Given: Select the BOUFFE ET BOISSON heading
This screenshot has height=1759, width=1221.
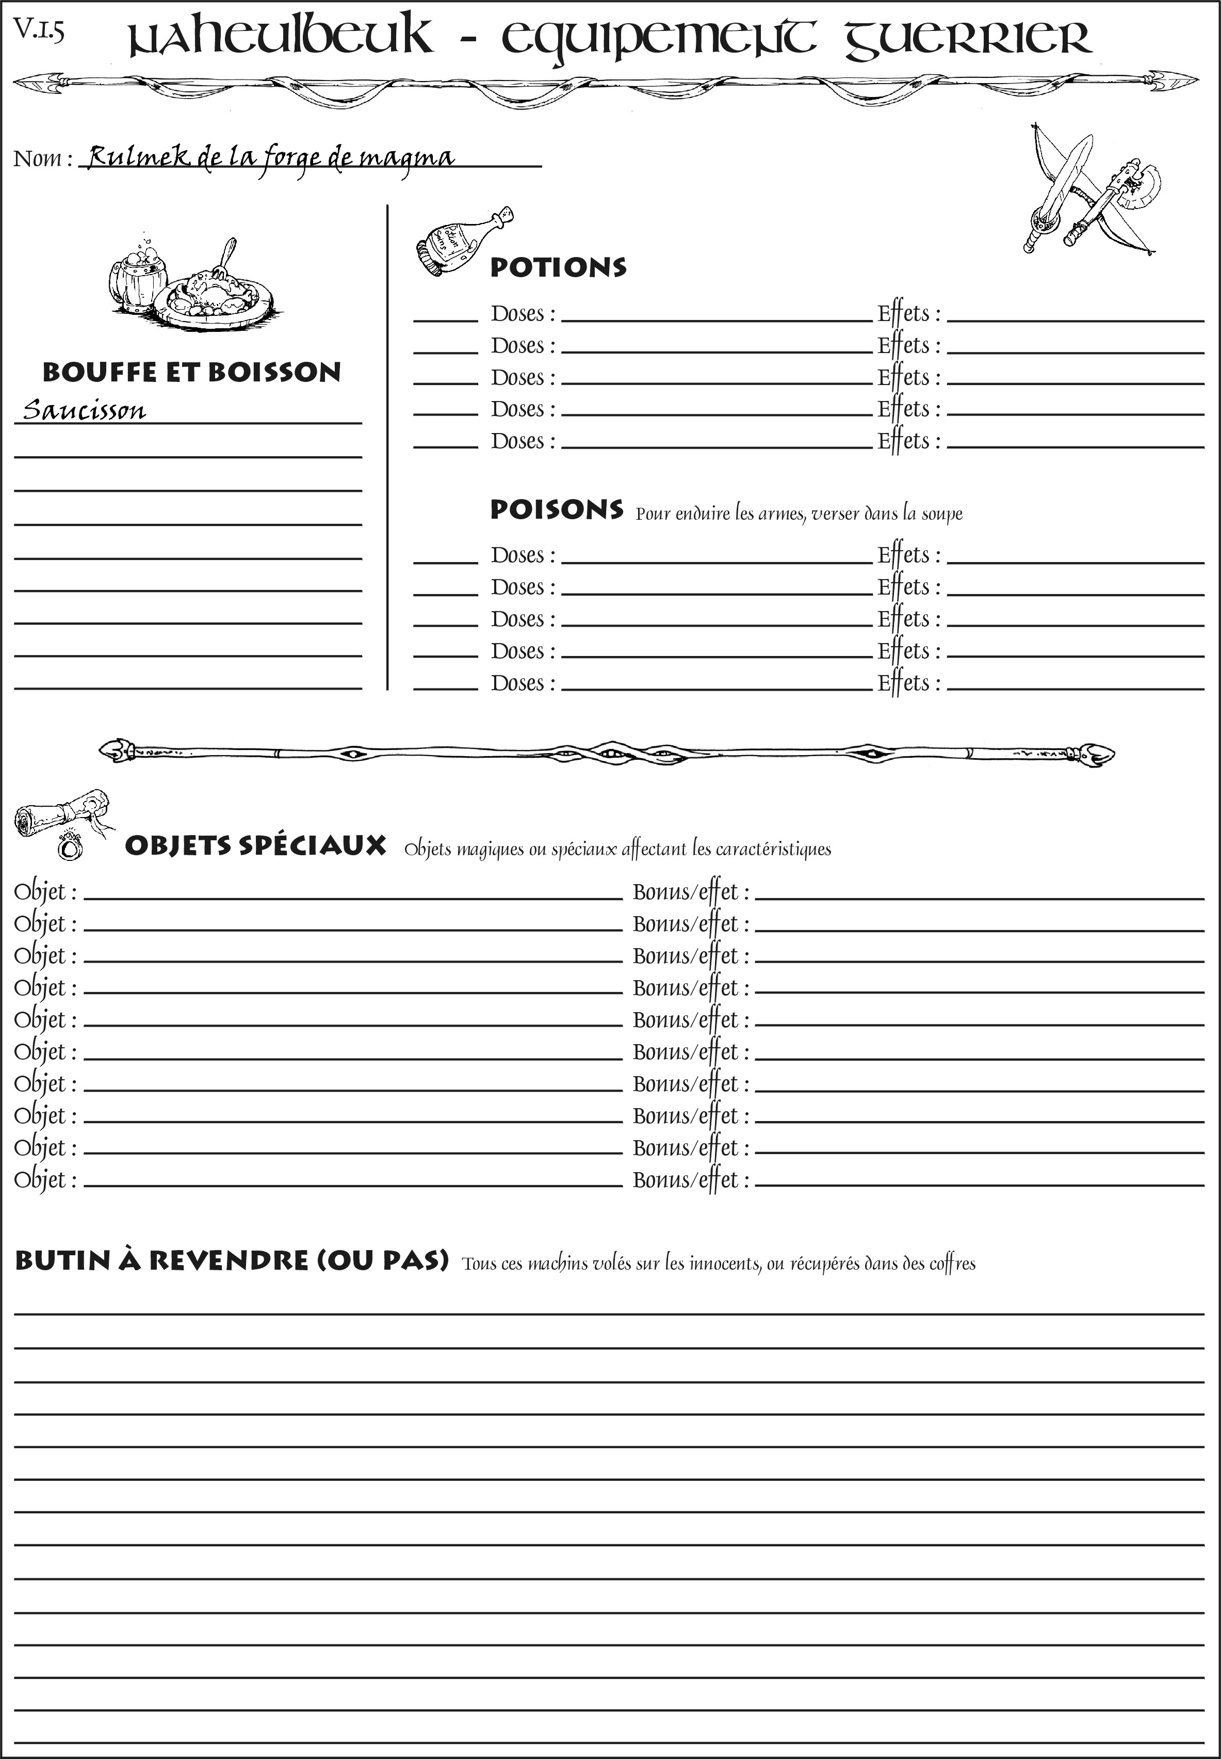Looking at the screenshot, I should [191, 372].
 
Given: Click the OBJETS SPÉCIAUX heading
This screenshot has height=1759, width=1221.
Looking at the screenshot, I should [255, 846].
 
